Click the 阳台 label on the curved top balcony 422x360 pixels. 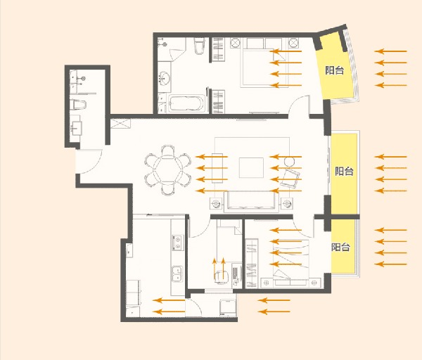(x=335, y=70)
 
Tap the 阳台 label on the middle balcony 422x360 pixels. (x=344, y=171)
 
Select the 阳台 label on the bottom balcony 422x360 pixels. (x=340, y=247)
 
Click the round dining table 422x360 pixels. (x=167, y=169)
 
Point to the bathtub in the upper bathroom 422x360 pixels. (x=186, y=103)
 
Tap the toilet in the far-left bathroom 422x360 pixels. (x=78, y=105)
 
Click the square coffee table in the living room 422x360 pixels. (x=251, y=167)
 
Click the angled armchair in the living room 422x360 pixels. (x=290, y=179)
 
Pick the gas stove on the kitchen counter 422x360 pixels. (x=178, y=242)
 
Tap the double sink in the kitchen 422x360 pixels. (x=177, y=274)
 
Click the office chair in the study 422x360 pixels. (x=222, y=276)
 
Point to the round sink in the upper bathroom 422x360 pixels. (x=164, y=78)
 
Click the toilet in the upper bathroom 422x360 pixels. (x=200, y=46)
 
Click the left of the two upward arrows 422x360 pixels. (x=215, y=269)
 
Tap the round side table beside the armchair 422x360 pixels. (x=289, y=162)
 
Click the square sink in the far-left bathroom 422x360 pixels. (x=77, y=129)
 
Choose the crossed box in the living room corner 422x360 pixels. (x=120, y=124)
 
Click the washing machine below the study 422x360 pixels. (x=228, y=307)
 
